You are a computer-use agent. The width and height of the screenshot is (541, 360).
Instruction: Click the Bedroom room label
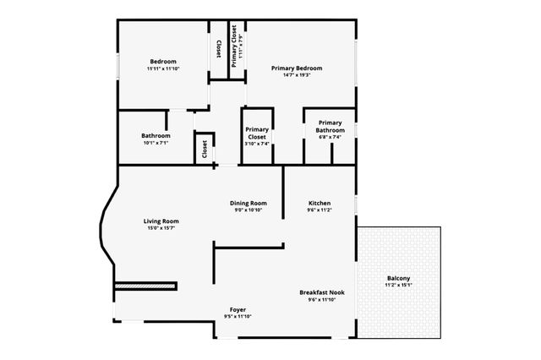coord(163,62)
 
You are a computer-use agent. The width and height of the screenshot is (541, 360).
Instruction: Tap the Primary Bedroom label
coord(296,68)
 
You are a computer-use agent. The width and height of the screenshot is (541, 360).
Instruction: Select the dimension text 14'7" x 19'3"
coord(296,75)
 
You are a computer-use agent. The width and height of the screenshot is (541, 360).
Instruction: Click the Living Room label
coord(161,221)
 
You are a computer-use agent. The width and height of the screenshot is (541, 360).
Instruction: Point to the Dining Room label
coord(249,203)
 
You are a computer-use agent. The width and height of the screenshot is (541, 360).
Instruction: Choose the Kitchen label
coord(319,203)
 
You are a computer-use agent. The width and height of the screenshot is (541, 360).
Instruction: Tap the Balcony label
coord(398,278)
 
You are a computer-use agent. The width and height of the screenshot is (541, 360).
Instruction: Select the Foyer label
coord(238,309)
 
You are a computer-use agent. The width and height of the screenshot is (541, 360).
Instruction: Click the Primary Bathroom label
coord(330,126)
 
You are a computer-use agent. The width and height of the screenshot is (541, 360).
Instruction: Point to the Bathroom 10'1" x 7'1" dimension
coord(156,143)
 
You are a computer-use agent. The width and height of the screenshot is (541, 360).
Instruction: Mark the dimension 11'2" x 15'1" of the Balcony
coord(398,286)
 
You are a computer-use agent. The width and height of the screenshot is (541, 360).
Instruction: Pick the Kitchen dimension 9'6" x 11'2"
coord(319,210)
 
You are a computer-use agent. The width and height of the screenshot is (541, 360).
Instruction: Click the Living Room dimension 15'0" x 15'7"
coord(161,229)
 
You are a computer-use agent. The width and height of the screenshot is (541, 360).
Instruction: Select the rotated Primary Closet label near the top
coord(238,46)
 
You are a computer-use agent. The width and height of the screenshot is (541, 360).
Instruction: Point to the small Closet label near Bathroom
coord(205,149)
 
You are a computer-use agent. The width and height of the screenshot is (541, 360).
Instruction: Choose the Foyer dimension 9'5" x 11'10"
coord(238,317)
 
